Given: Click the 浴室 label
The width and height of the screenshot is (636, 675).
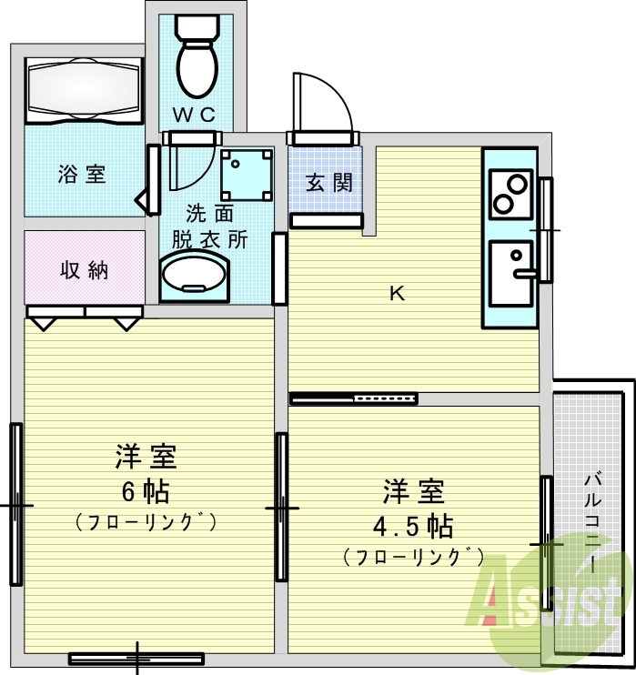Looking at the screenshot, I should pos(82,175).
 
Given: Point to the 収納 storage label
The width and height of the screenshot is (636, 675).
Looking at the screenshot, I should pos(84,270).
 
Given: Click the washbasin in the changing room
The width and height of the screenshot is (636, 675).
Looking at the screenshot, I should pos(195,274).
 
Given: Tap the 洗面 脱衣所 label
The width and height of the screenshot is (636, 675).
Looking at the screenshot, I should pos(210,227).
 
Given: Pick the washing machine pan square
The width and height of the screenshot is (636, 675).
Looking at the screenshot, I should pos(246,174).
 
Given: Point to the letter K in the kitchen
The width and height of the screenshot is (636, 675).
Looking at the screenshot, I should pos(397,294).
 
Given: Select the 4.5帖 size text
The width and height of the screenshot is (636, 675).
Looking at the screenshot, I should pos(413,526).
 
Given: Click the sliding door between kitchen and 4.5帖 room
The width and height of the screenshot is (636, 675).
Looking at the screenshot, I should pos(354,398).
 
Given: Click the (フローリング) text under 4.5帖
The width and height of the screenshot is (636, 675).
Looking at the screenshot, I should pos(413,557).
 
